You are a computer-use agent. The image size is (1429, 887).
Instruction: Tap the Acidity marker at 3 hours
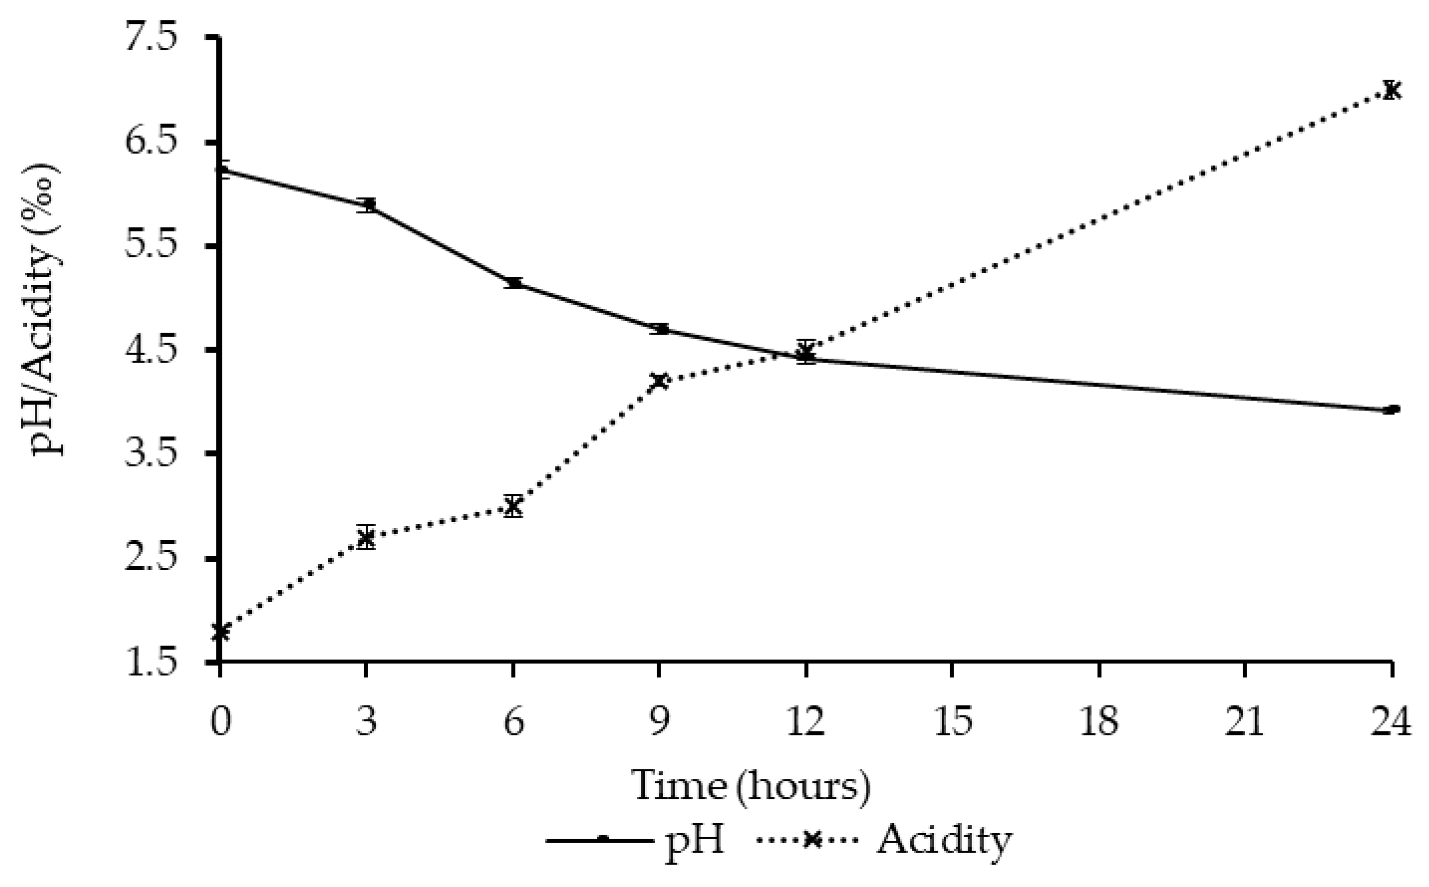click(366, 537)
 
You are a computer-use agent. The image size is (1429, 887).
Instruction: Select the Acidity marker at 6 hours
click(513, 506)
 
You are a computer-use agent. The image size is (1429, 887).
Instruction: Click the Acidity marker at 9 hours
click(659, 381)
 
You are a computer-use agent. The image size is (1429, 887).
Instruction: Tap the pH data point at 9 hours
click(660, 329)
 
